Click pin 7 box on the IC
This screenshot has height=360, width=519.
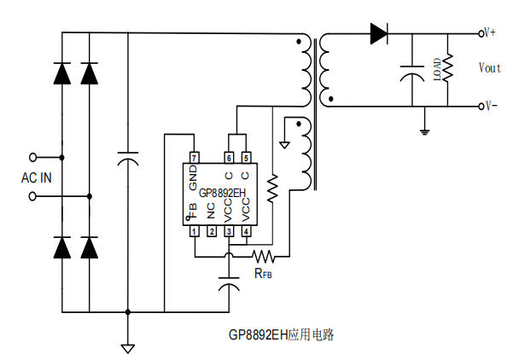coord(194,159)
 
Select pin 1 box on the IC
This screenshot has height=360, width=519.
coord(194,231)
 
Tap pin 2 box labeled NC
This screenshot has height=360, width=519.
coord(211,231)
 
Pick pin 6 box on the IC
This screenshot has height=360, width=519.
coord(229,159)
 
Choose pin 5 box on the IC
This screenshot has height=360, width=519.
coord(246,159)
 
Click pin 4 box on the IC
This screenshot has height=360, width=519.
coord(246,231)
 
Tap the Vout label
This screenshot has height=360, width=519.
coord(490,67)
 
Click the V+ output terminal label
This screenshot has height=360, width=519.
coord(490,33)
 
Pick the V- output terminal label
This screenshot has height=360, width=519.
coord(490,106)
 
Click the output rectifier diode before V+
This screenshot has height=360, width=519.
coord(379,34)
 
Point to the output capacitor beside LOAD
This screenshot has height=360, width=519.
coord(413,71)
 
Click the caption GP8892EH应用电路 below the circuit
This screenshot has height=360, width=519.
coord(281,335)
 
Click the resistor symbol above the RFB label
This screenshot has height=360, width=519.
coord(264,255)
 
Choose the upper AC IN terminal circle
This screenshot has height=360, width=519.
coord(35,157)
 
